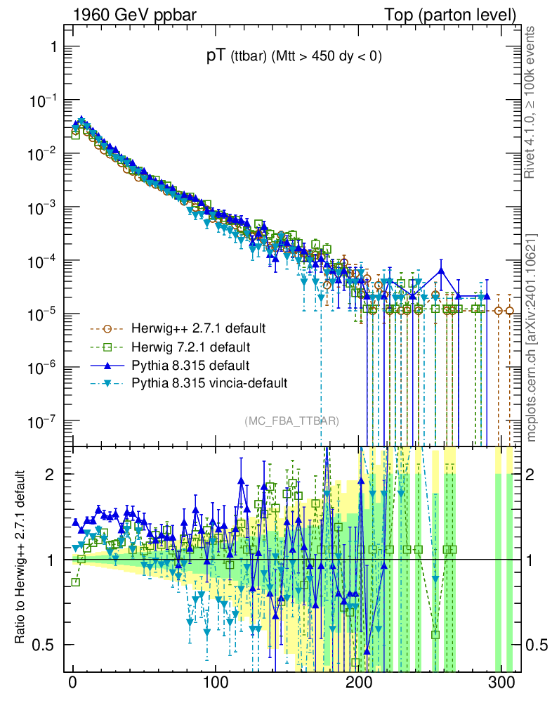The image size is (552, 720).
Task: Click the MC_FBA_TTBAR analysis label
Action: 292,420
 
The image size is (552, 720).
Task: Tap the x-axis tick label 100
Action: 216,684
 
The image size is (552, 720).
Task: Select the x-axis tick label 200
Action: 359,684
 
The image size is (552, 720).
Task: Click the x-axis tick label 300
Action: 501,684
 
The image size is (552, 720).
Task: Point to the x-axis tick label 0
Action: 73,684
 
